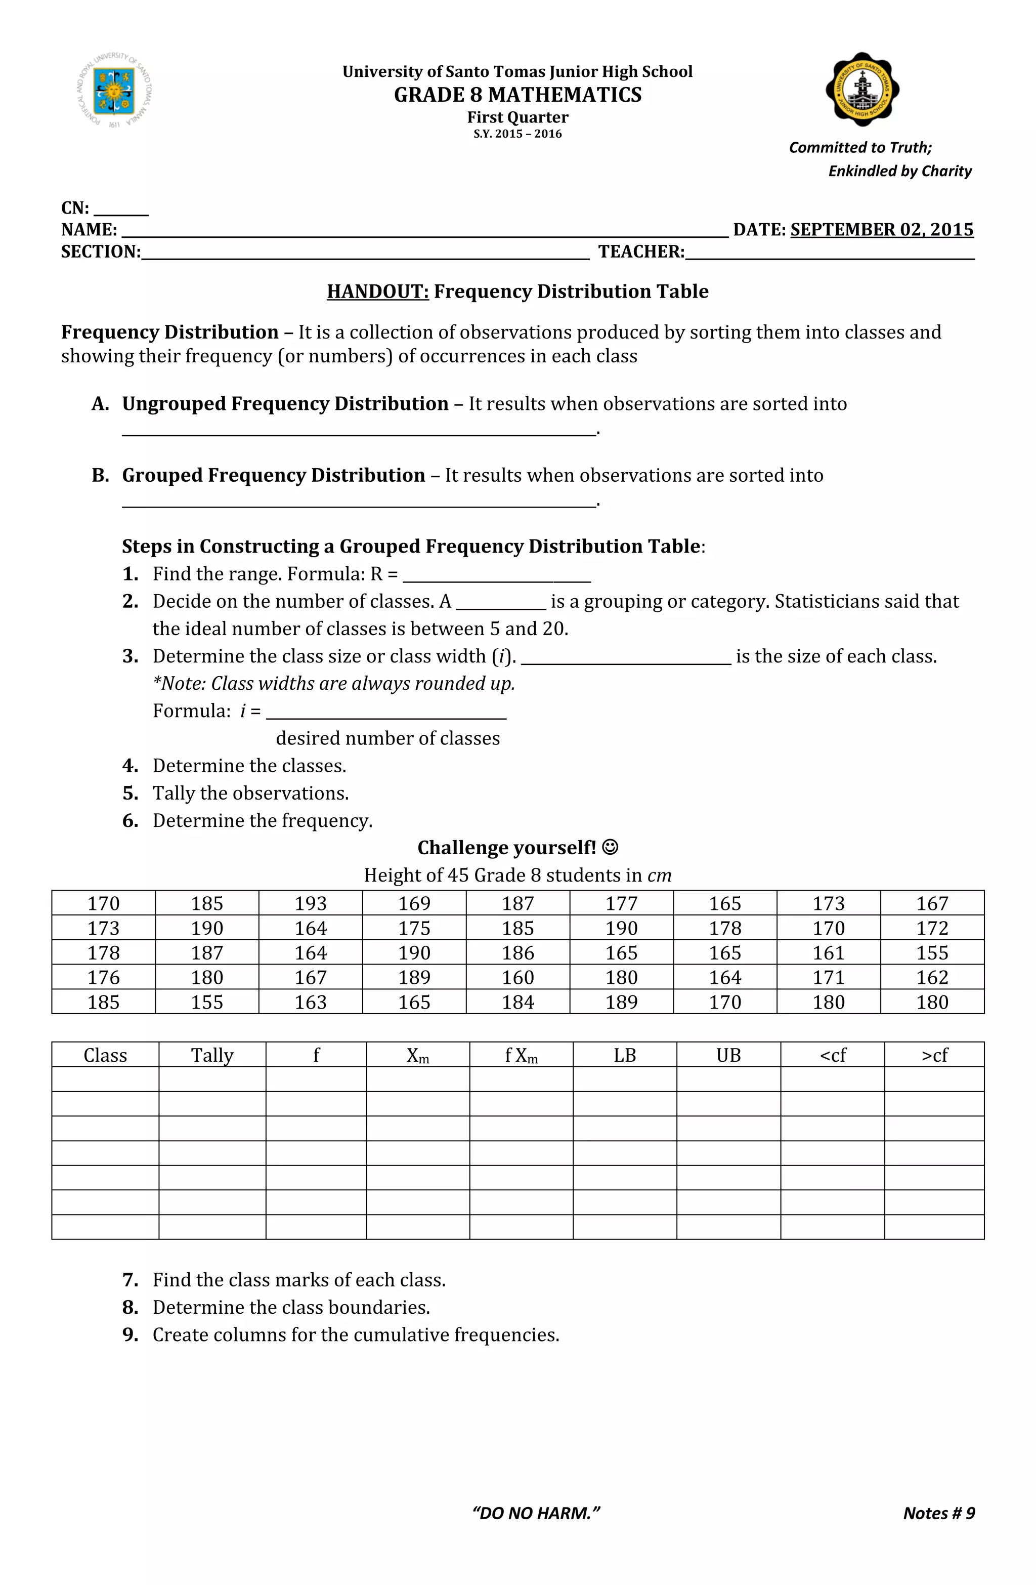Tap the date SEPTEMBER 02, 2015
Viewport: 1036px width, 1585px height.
(x=882, y=229)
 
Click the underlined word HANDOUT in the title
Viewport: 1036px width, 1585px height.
(x=377, y=291)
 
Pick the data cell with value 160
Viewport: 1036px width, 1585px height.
(x=517, y=977)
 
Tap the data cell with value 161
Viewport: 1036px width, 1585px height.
(x=828, y=952)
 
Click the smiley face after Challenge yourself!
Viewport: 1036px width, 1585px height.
(x=610, y=847)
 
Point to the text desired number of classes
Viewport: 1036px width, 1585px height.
(x=387, y=738)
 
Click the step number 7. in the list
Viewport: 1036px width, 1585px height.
(x=131, y=1279)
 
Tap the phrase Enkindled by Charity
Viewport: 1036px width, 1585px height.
(x=899, y=171)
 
